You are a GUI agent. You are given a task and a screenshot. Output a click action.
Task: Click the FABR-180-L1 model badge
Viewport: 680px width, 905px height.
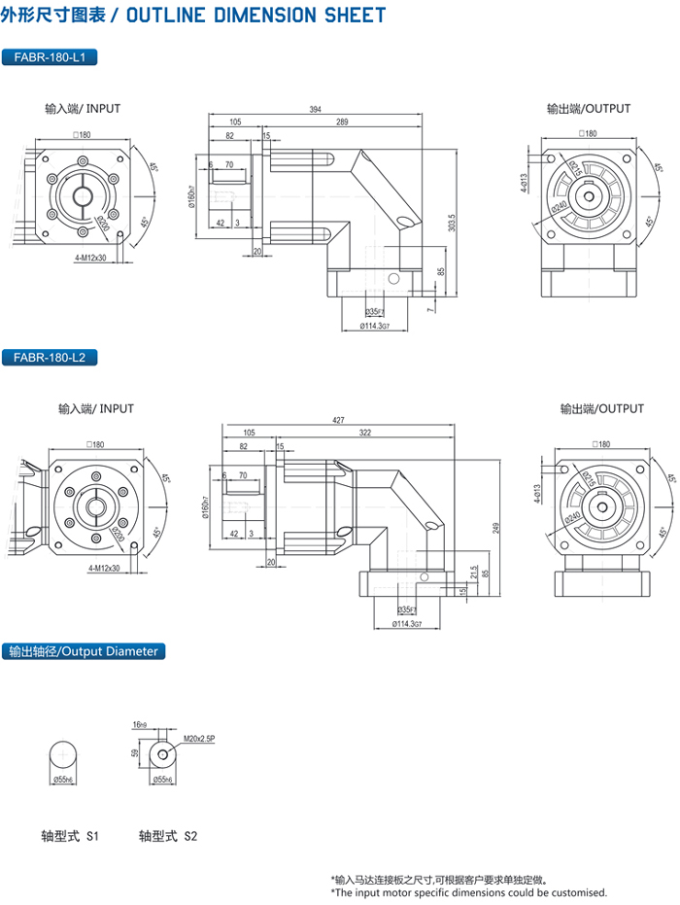coord(50,57)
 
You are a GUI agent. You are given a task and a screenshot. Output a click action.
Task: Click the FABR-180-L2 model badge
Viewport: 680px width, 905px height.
coord(50,357)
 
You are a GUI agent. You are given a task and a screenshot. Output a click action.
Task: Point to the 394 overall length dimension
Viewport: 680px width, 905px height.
coord(315,110)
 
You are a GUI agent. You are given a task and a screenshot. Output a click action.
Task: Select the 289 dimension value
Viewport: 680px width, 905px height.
coord(342,122)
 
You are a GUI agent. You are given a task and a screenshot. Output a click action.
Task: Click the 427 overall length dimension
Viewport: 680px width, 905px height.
coord(337,420)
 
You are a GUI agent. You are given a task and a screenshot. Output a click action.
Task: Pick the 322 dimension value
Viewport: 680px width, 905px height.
coord(365,433)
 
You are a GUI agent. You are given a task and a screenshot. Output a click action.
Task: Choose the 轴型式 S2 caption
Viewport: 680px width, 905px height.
coord(168,835)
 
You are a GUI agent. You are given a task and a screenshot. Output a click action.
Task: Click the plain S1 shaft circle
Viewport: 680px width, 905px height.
coord(65,755)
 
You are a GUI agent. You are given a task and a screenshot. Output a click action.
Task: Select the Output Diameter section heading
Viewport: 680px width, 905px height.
coord(82,651)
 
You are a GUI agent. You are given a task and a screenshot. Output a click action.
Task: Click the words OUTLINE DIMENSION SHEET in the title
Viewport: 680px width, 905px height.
coord(256,16)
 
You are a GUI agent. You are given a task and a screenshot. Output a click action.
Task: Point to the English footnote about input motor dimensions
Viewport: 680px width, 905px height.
coord(468,891)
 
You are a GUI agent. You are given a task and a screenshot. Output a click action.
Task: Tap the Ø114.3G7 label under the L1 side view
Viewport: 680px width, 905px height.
coord(375,327)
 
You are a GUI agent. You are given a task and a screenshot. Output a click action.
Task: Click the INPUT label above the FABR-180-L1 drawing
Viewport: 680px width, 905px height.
coord(83,109)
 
